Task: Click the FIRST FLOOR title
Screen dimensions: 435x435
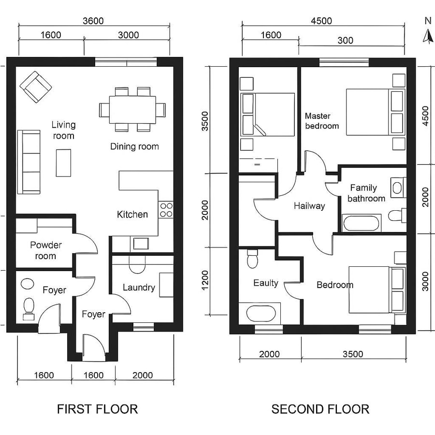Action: (x=97, y=409)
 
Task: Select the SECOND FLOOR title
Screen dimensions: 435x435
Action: (x=320, y=409)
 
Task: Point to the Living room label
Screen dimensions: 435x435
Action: (x=63, y=130)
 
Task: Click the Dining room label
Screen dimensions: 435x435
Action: (x=134, y=146)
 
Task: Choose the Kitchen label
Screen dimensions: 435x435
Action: (x=132, y=214)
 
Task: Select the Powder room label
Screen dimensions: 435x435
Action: (x=46, y=250)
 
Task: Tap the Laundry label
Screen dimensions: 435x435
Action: (x=139, y=288)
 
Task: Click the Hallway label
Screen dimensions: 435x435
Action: (x=309, y=206)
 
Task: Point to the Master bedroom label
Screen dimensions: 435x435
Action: (x=321, y=121)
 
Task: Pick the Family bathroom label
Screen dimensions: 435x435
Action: (x=366, y=193)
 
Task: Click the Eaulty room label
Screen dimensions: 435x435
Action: (x=266, y=283)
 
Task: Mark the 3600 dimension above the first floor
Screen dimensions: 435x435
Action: (x=93, y=21)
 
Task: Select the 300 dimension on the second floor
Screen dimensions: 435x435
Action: (x=345, y=40)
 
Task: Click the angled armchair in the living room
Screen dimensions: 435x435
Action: (x=36, y=87)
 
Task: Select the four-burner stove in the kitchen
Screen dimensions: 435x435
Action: (x=166, y=209)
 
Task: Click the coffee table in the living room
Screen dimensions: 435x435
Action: (x=63, y=163)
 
